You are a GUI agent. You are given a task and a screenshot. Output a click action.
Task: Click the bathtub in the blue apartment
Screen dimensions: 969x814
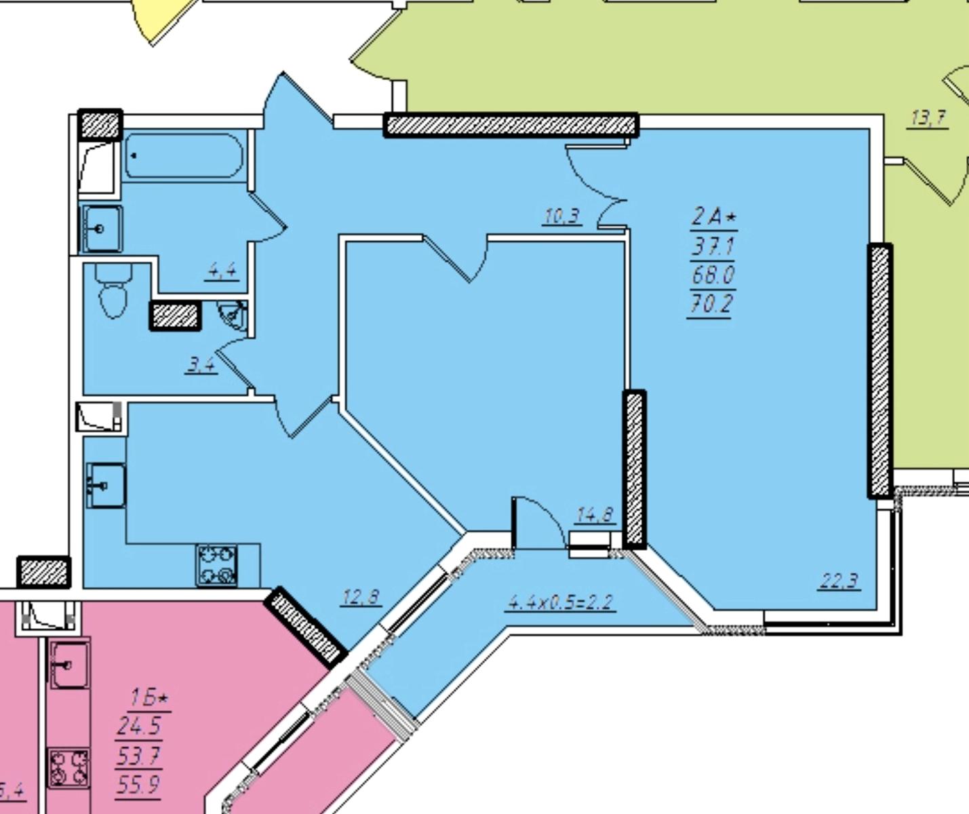184,155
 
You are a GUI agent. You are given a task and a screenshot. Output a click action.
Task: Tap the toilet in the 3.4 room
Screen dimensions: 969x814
113,291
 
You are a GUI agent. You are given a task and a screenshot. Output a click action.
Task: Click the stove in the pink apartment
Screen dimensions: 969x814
69,769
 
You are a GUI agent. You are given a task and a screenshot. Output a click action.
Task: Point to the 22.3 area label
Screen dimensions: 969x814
839,581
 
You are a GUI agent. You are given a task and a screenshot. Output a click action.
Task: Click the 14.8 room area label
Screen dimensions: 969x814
595,514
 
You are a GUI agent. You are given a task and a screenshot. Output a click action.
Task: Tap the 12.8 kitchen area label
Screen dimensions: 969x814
361,597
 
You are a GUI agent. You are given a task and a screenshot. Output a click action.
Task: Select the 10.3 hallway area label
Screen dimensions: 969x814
562,216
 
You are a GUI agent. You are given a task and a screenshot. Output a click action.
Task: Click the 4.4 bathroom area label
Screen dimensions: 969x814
222,271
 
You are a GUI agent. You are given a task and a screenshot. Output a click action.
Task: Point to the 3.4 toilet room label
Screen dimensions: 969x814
201,365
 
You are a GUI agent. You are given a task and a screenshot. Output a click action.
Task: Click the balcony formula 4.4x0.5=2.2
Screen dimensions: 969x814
561,602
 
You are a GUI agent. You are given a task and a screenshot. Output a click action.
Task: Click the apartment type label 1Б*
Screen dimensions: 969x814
149,698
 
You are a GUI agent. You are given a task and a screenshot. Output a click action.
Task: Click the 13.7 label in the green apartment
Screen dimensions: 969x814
927,117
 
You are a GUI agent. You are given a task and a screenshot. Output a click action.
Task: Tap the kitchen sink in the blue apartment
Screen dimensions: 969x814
106,485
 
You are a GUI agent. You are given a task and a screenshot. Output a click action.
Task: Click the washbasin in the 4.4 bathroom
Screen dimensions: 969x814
102,229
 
